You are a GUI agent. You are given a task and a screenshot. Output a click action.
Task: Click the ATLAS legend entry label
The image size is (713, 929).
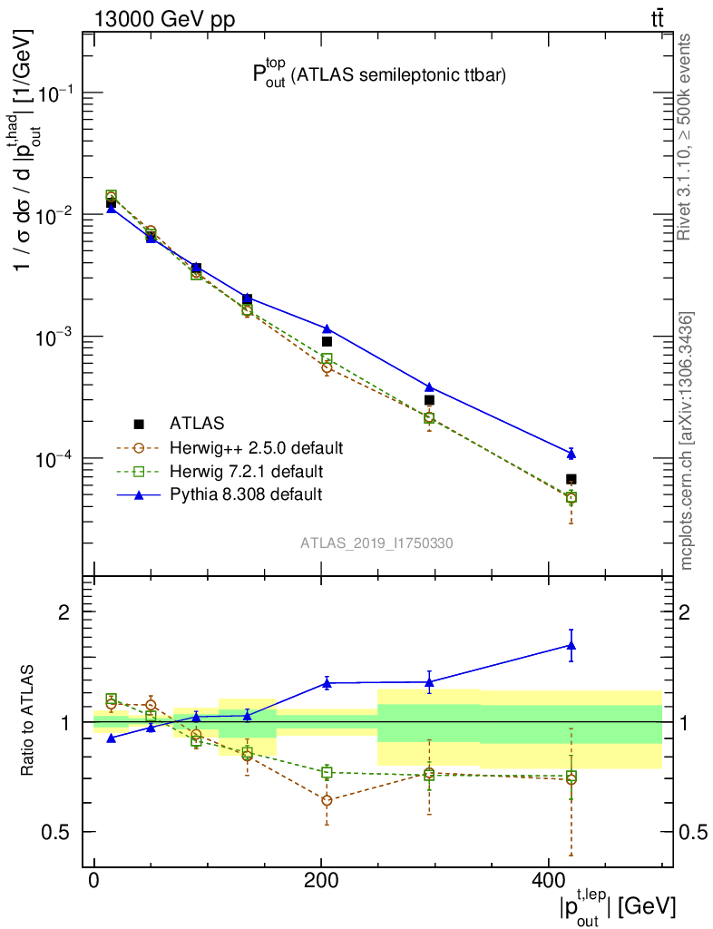[197, 423]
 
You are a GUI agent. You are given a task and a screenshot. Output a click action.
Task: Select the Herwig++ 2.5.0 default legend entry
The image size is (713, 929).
[256, 447]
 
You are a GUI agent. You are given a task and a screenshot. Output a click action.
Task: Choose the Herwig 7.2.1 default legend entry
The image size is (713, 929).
[246, 471]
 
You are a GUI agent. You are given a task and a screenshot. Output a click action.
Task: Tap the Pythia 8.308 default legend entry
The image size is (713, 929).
[245, 494]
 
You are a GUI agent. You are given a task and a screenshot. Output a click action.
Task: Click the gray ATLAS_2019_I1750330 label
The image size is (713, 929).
[377, 543]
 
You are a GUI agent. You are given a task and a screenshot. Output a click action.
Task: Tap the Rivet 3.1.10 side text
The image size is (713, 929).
[685, 137]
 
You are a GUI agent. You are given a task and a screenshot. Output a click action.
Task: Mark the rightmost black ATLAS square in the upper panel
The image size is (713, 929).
[571, 479]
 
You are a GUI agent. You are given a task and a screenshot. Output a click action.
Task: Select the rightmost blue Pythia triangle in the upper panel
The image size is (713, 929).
[571, 453]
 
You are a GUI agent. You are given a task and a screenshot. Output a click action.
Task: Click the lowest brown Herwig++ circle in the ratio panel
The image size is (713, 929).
[327, 800]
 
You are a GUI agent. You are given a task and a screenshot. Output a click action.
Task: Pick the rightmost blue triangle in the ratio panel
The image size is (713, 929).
[571, 645]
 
